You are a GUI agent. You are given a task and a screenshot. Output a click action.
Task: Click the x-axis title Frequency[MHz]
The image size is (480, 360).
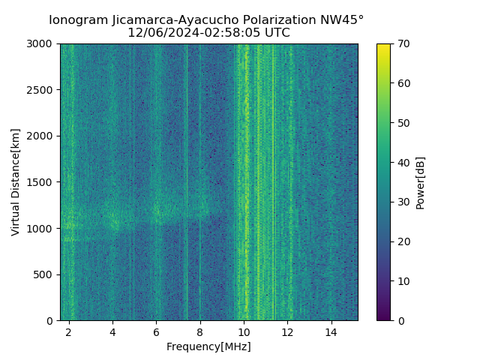pyautogui.click(x=208, y=346)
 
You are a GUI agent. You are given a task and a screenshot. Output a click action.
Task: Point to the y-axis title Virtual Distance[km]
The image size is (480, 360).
pyautogui.click(x=15, y=182)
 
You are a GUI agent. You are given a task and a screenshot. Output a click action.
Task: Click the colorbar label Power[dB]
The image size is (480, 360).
pyautogui.click(x=420, y=182)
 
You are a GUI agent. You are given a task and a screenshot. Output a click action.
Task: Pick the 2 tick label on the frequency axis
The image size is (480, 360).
pyautogui.click(x=69, y=331)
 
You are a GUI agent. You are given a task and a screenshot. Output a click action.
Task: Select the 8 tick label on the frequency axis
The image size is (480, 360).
pyautogui.click(x=200, y=331)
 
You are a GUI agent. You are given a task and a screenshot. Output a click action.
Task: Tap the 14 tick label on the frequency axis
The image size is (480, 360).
pyautogui.click(x=331, y=331)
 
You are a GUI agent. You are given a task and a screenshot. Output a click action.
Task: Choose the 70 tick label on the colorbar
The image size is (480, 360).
pyautogui.click(x=403, y=44)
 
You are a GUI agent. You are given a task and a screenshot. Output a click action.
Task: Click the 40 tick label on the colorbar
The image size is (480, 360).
pyautogui.click(x=403, y=163)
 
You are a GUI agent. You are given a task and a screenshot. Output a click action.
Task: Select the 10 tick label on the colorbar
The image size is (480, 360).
pyautogui.click(x=403, y=281)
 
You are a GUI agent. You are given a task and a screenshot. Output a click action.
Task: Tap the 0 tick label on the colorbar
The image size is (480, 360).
pyautogui.click(x=400, y=320)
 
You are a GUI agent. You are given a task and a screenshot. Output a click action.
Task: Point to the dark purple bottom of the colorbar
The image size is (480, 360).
pyautogui.click(x=383, y=317)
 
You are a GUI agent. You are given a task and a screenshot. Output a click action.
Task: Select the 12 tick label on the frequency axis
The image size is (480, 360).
pyautogui.click(x=287, y=331)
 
